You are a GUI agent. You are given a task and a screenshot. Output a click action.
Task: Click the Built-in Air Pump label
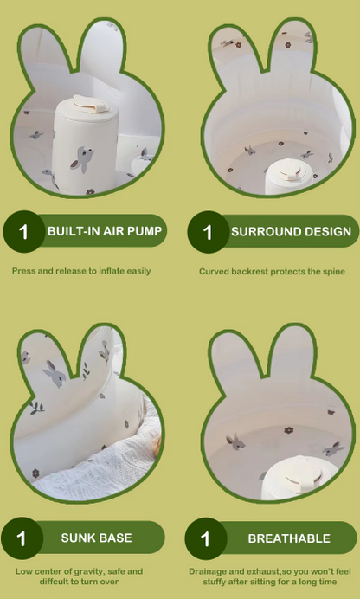pos(105,231)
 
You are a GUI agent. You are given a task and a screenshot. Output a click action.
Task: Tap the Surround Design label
pos(292,231)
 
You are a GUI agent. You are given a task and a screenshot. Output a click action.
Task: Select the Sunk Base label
pos(97,538)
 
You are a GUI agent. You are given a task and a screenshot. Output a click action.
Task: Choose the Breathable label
pos(289,538)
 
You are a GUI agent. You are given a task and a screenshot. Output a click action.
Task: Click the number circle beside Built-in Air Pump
pos(23,231)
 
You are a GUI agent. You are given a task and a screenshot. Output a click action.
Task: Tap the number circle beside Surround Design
pos(208,232)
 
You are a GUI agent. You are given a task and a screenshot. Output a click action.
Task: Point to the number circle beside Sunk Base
pos(22,538)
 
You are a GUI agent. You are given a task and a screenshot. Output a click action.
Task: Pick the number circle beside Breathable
pos(206,538)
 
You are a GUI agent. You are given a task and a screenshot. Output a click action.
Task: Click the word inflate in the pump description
pos(112,271)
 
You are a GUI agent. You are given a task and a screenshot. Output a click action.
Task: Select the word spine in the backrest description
pos(334,272)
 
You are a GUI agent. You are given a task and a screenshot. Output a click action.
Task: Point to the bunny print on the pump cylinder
pos(81,158)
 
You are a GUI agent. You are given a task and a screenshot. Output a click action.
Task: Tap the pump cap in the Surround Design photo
pos(291,170)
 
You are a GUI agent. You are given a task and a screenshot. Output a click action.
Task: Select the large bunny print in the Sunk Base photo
pos(55,373)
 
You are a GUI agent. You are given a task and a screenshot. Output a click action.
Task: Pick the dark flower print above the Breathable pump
pos(289,430)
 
